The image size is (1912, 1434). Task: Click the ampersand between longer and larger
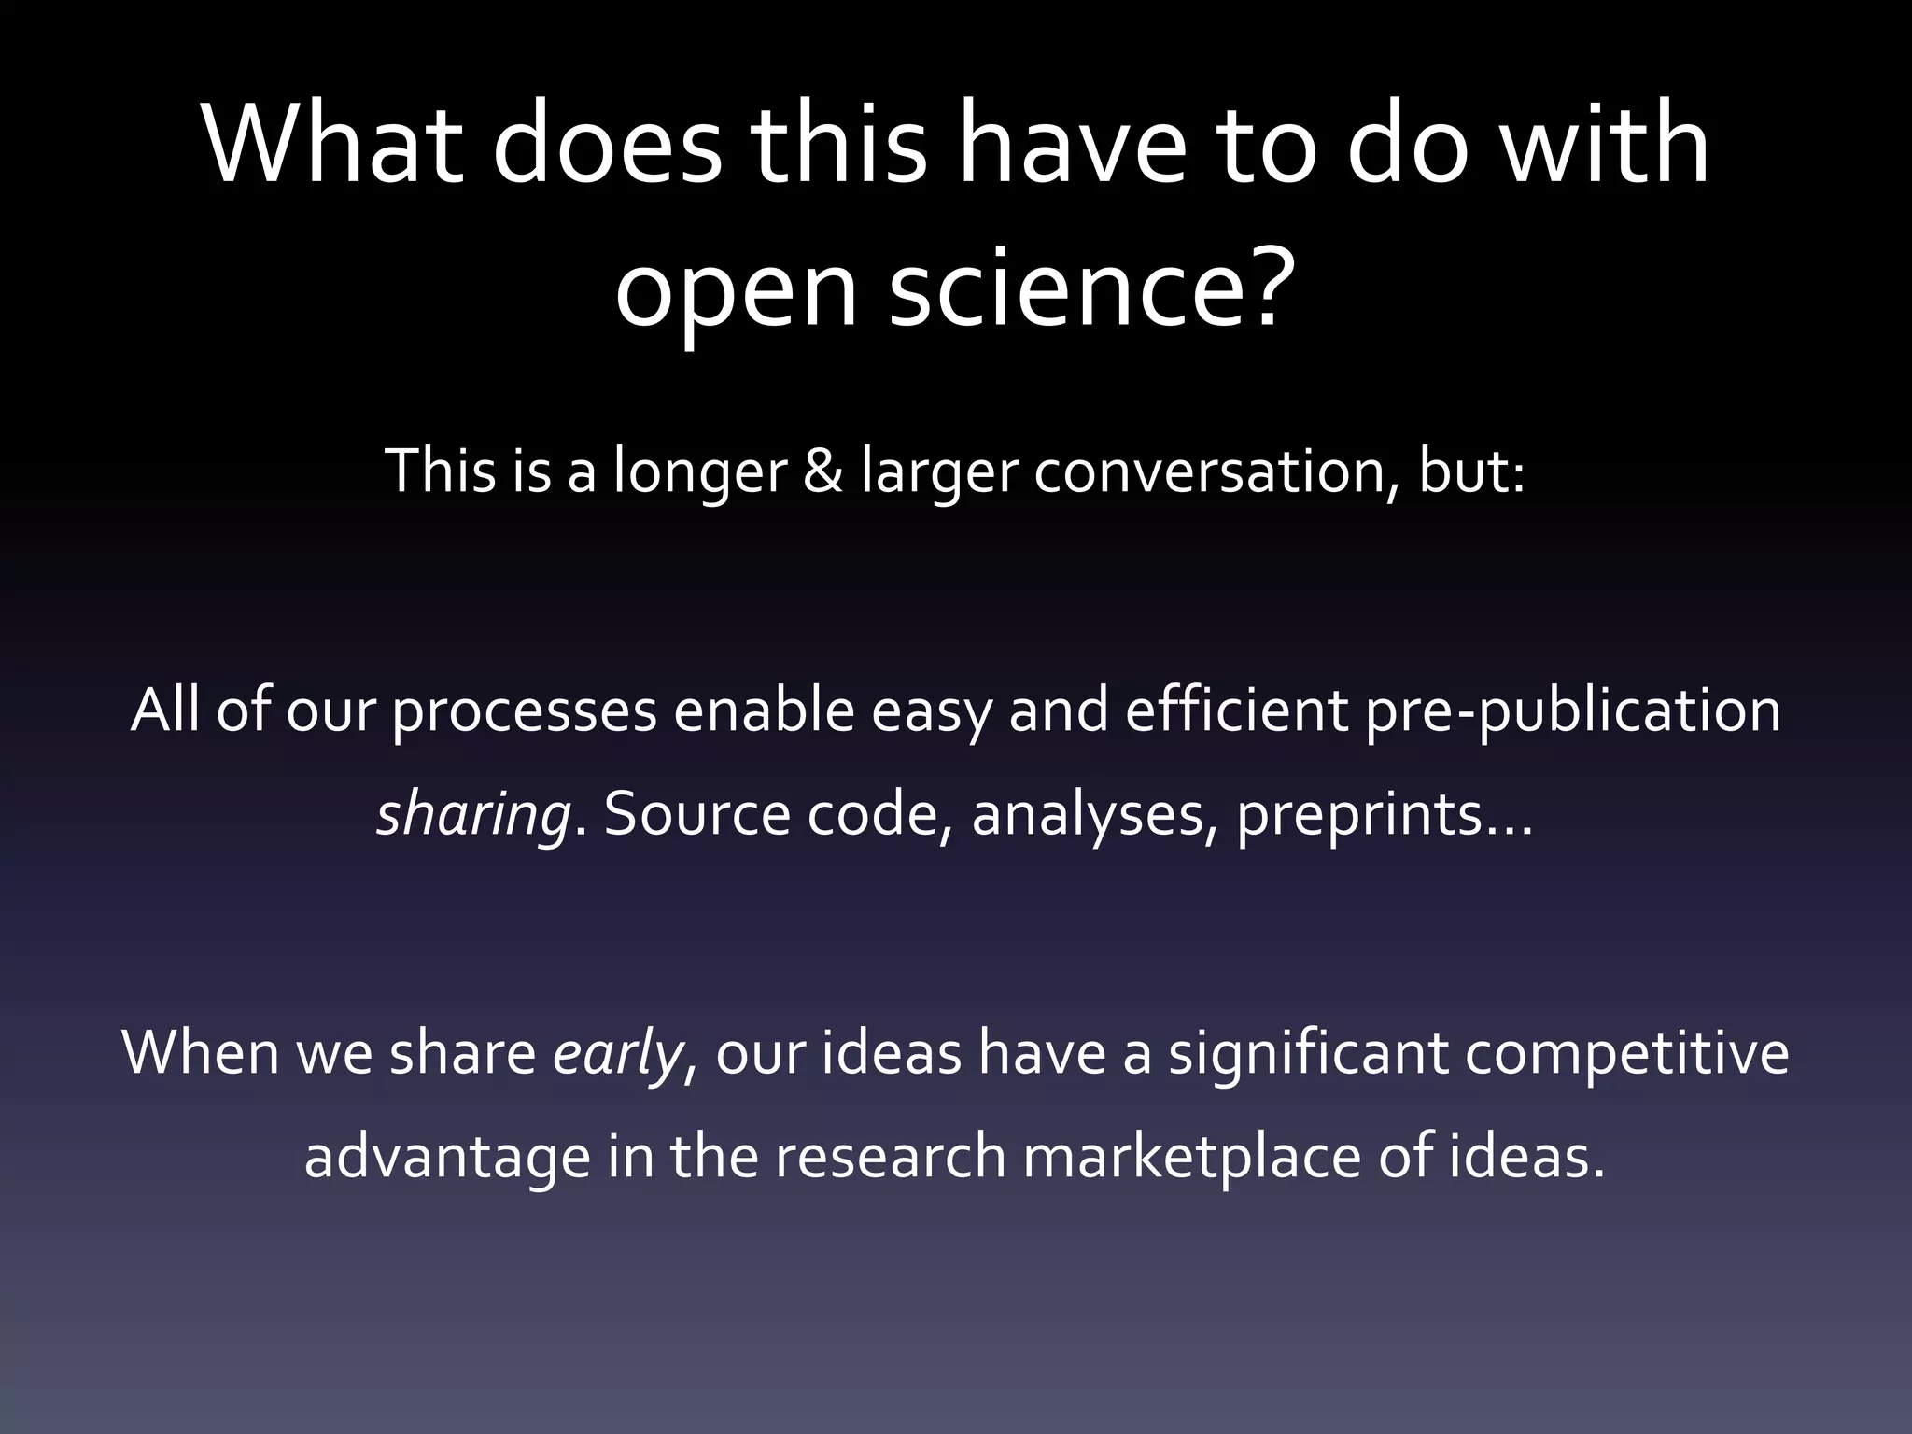822,471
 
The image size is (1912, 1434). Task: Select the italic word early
617,1054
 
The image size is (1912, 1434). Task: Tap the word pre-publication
1572,711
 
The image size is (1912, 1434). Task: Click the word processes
524,711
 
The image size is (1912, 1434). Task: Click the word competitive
1625,1054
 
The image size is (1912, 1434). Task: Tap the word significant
1306,1054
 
